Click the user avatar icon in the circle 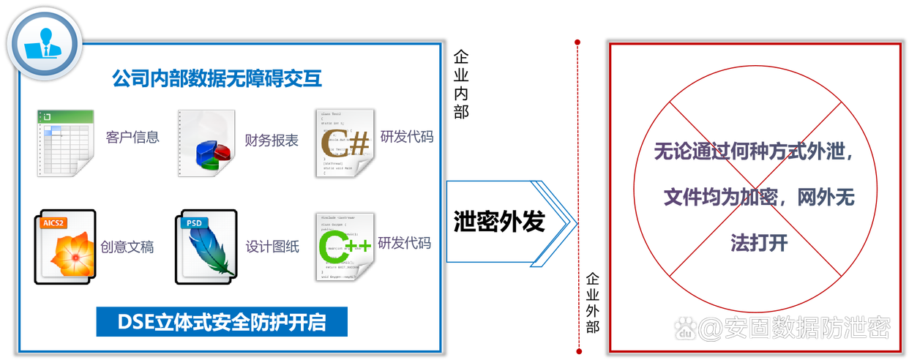(x=45, y=42)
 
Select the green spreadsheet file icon (x=65, y=142)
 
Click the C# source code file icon (x=345, y=143)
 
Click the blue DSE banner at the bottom (x=222, y=323)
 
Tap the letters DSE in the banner (x=133, y=323)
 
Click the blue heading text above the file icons (x=217, y=80)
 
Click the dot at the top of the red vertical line (x=577, y=41)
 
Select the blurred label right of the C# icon (x=406, y=137)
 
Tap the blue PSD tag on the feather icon (x=194, y=222)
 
